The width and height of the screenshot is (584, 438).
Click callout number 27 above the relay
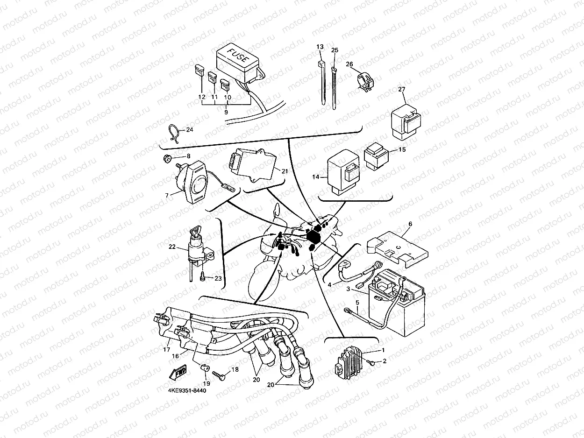402,89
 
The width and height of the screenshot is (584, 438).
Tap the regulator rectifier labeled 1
353,362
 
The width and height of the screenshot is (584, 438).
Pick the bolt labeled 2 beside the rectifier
372,362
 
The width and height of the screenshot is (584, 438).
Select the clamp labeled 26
366,78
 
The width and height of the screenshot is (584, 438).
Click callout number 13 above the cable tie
320,47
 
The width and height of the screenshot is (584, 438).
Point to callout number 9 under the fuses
226,112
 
